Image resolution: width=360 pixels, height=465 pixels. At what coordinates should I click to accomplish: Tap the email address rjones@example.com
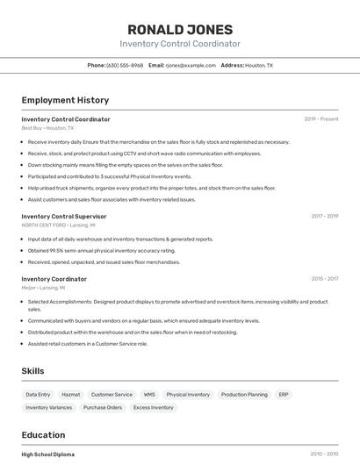(x=191, y=65)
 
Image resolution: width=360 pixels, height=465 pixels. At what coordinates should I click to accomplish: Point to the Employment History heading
(x=65, y=100)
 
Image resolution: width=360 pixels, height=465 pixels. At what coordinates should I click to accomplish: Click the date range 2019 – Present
(x=320, y=119)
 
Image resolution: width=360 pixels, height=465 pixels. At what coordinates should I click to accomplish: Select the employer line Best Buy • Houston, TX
(x=47, y=128)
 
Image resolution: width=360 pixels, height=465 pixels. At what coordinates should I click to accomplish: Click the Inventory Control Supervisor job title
(x=64, y=216)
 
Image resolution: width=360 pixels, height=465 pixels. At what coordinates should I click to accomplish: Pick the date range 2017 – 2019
(x=324, y=216)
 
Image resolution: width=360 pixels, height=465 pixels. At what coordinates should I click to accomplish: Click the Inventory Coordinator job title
(x=54, y=279)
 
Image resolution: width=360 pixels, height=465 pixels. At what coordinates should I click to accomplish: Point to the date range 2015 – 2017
(x=324, y=279)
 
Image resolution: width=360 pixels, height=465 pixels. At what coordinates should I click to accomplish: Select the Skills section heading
(x=32, y=371)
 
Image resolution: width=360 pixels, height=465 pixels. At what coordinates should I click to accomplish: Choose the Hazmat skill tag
(x=71, y=395)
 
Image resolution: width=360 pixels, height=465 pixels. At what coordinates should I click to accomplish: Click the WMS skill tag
(x=149, y=395)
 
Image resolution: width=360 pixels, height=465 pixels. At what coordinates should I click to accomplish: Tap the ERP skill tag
(x=284, y=395)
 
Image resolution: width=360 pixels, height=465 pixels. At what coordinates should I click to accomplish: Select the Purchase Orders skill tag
(x=103, y=407)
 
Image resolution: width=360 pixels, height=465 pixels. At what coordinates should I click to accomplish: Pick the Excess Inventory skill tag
(x=154, y=407)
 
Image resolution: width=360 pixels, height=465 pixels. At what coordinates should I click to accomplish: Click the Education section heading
(x=43, y=435)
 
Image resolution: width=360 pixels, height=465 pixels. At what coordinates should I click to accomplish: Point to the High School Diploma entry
(x=48, y=454)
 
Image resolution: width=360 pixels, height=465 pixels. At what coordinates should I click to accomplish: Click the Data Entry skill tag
(x=39, y=395)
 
